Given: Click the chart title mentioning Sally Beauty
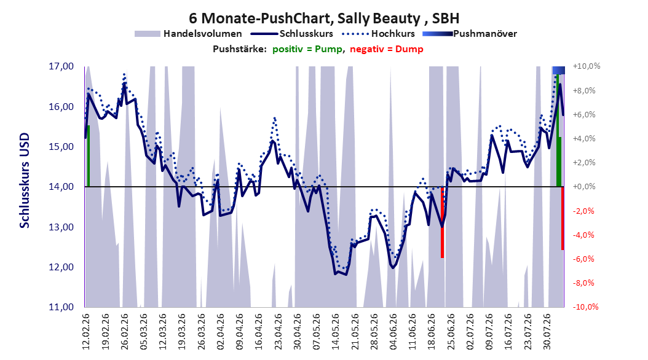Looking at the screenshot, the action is point(324,18).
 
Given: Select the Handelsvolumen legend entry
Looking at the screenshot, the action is point(189,34).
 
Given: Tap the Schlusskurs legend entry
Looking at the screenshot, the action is point(293,34).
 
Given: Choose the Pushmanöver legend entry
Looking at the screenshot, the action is point(470,34).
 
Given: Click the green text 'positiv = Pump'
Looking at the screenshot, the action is point(307,49).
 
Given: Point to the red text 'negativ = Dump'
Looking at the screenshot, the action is point(387,49).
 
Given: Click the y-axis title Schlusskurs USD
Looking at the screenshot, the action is point(25,180).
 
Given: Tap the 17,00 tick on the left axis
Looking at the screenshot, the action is point(61,66).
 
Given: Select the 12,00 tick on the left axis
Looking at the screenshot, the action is point(61,267).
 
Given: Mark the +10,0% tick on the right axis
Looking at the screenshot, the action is point(587,66).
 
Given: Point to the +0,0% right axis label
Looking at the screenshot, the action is point(584,187).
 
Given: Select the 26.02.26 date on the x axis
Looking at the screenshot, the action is point(124,331).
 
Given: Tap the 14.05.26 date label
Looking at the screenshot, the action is point(335,331).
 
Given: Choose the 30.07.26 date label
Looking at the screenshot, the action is point(547,331).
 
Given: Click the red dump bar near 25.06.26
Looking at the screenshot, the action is point(442,222).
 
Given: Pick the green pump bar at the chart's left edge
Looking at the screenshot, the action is point(88,156).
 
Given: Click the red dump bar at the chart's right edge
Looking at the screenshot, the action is point(563,218).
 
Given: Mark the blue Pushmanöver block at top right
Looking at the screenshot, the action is point(559,70).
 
